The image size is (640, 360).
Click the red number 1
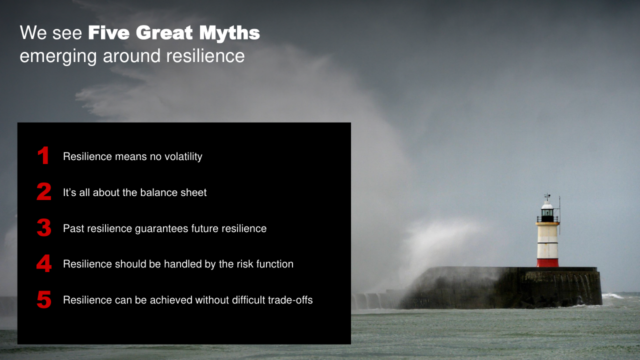pos(43,155)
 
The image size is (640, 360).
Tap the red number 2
pos(44,191)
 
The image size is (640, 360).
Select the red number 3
pos(44,227)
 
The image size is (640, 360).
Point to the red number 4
pos(44,263)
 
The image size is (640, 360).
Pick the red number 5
pos(44,299)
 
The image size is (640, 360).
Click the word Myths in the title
pos(229,33)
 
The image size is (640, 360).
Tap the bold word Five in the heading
pos(108,32)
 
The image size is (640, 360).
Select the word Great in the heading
pos(164,32)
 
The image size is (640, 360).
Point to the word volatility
pos(183,156)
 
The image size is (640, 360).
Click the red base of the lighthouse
pos(547,263)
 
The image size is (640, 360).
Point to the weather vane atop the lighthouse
pos(547,196)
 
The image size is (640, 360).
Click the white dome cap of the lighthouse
pos(547,205)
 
